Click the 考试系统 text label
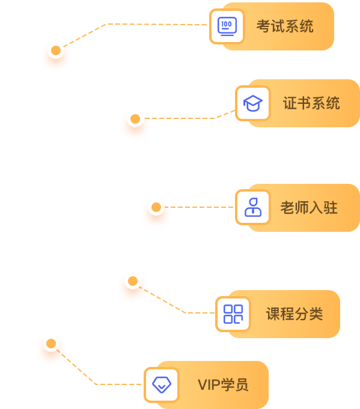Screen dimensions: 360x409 285,26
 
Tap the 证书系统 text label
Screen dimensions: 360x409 311,103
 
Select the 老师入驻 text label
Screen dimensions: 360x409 309,208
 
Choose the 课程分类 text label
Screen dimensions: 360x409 294,314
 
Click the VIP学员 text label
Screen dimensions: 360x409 223,385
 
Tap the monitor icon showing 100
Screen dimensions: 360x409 227,26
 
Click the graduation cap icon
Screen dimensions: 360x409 252,103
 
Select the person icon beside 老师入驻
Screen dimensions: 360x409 252,207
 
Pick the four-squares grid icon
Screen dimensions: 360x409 233,314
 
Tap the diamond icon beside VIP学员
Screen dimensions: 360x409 162,385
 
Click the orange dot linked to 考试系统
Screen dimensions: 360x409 56,50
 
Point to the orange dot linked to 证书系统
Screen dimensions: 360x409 135,119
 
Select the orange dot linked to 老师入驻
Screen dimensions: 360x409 156,207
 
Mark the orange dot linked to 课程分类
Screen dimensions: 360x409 133,281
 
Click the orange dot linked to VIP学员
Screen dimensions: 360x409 51,344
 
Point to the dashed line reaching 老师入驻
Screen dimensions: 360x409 199,207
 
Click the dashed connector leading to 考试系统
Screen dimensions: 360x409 130,24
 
